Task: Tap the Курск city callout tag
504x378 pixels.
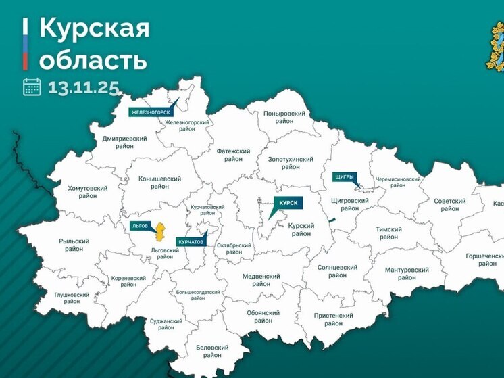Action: tap(287, 202)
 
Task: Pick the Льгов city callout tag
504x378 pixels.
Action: tap(141, 225)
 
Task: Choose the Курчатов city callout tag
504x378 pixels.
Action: tap(192, 241)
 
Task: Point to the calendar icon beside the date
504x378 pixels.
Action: tap(32, 87)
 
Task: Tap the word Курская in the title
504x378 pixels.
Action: tap(95, 28)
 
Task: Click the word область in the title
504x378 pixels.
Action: tap(93, 59)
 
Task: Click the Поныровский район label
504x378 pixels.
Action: tap(284, 118)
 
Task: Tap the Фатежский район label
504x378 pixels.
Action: tap(234, 155)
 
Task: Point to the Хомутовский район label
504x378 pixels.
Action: tap(87, 192)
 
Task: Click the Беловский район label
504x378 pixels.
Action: tap(212, 351)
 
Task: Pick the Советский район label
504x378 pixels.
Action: tap(450, 205)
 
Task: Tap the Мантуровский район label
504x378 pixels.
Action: tap(407, 274)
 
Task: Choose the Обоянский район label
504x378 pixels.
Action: tap(263, 316)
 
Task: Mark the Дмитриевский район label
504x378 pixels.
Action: tap(124, 142)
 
